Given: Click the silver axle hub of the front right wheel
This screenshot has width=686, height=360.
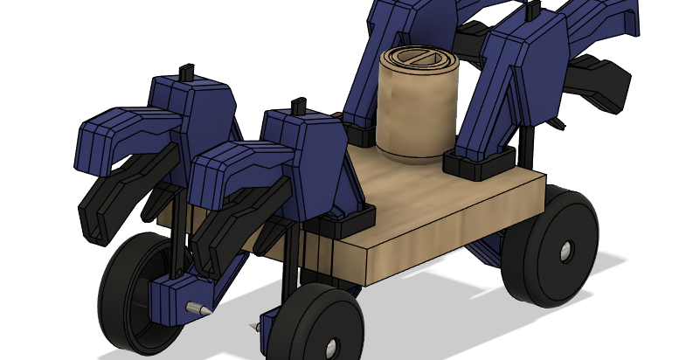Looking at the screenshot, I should point(331,348).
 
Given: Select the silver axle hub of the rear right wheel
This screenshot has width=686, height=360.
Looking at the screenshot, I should point(568,253).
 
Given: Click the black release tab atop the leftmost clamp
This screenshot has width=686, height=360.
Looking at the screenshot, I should point(185,71).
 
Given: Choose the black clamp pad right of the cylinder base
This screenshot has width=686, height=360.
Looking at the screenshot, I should point(478,163).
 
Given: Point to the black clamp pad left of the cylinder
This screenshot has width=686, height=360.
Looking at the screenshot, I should point(361,135).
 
